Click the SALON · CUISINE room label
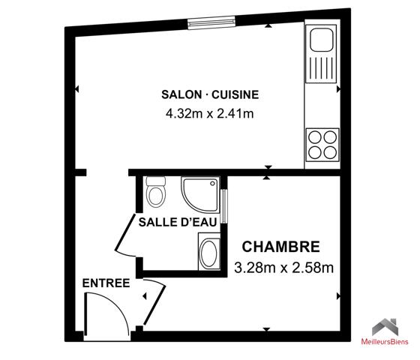point(210,94)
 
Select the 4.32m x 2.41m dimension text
point(210,114)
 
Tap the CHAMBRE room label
point(280,247)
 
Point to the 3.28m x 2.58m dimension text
point(283,267)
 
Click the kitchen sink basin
point(322,37)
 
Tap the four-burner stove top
point(322,143)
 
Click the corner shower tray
point(198,193)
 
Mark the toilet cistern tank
point(156,182)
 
